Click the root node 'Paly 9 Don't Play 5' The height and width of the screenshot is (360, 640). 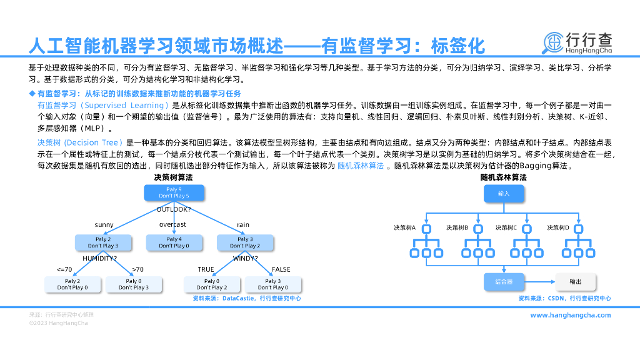(x=174, y=192)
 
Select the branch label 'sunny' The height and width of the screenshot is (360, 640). (x=104, y=224)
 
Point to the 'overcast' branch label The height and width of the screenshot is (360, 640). (x=172, y=224)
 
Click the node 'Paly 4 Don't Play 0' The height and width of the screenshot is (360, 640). (x=174, y=242)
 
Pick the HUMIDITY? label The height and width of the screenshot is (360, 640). (x=100, y=257)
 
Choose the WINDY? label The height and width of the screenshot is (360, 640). (x=245, y=257)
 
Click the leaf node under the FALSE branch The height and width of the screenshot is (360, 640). (x=273, y=284)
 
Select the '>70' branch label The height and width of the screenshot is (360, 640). (x=137, y=269)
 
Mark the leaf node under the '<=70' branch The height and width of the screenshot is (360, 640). (x=72, y=284)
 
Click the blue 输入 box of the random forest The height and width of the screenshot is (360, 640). (x=504, y=194)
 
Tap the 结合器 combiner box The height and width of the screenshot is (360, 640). (x=504, y=282)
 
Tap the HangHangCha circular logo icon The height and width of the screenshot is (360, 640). (x=552, y=42)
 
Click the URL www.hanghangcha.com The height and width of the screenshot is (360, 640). (x=570, y=315)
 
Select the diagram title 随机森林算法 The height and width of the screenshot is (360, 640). (x=503, y=177)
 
